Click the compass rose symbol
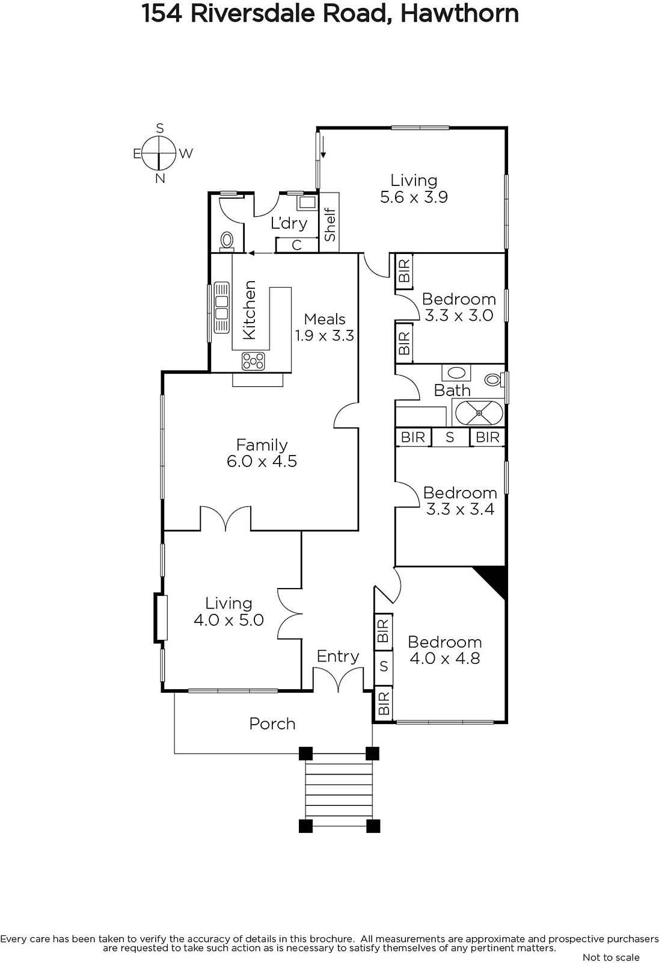click(x=159, y=153)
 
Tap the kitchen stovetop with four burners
click(x=254, y=361)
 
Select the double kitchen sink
click(x=221, y=307)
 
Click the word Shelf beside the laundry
click(x=329, y=224)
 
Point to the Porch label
click(x=272, y=724)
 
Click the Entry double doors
click(x=338, y=678)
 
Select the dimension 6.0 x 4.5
click(x=262, y=461)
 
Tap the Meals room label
click(x=324, y=320)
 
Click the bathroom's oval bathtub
click(x=479, y=413)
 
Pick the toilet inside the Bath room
click(x=494, y=380)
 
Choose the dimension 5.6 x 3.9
click(x=414, y=197)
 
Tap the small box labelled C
click(x=296, y=245)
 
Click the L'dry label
click(x=289, y=223)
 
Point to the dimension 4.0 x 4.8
click(x=444, y=658)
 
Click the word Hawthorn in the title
click(x=459, y=14)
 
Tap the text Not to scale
click(x=611, y=957)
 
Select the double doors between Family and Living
click(x=225, y=518)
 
